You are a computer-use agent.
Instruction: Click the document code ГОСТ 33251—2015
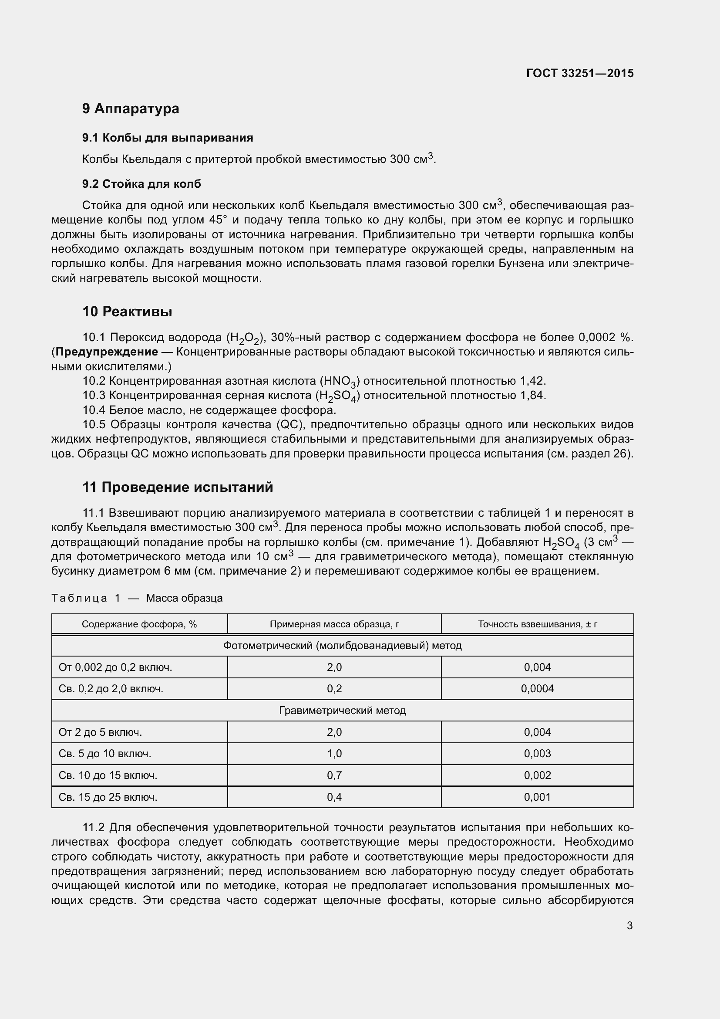tap(579, 73)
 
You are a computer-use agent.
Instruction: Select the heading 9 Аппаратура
tap(131, 108)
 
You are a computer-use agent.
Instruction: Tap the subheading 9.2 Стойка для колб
tap(141, 184)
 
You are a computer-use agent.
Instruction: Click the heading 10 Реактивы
tap(127, 311)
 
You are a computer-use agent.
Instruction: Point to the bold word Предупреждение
tap(107, 352)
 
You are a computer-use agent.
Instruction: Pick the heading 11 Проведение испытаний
tap(178, 487)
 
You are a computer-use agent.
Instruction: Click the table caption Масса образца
tap(185, 598)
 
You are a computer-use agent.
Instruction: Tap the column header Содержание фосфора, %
tap(139, 624)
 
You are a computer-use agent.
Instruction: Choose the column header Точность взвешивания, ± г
tap(537, 624)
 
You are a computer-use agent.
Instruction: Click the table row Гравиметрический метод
tap(342, 711)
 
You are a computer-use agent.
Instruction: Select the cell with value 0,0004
tap(537, 689)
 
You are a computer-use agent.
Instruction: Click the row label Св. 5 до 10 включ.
tap(105, 754)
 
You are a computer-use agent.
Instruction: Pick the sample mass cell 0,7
tap(334, 775)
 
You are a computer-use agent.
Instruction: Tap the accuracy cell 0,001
tap(537, 797)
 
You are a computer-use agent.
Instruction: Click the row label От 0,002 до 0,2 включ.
tap(115, 667)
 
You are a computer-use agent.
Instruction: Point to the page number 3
tap(629, 926)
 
